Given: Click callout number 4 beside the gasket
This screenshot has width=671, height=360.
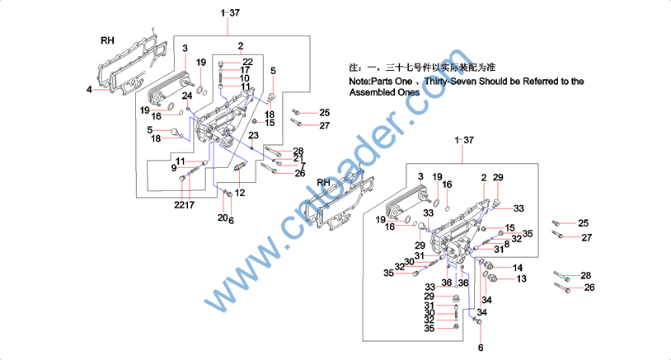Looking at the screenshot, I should pos(90,89).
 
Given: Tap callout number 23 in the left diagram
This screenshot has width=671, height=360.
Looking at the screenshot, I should pos(254,135).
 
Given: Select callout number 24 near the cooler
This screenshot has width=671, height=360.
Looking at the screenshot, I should pos(187,96).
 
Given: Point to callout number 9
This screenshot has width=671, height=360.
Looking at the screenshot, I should pos(174,167).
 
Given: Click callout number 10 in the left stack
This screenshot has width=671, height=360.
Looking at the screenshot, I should pos(245,78).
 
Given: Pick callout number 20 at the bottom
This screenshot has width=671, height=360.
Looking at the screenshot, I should pos(222,218).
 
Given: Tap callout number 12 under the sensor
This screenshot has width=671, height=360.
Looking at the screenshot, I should pos(240,193).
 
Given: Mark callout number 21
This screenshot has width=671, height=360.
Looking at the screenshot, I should pos(298,157).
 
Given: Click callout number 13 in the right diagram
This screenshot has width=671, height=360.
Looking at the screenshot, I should pos(521,279).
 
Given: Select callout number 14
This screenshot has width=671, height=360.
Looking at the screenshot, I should pos(518,268).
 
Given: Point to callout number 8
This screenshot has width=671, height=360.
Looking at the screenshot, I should pos(507,245).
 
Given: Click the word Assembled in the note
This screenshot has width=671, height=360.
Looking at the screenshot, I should pos(376,93).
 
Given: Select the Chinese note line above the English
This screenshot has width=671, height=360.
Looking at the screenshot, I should pos(421,66).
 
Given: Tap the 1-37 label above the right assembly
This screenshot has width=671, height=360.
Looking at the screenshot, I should pos(464,141).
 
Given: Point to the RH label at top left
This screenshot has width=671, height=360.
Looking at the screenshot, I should pos(107,40).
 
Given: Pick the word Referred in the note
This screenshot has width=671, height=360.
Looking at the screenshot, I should pos(539,82).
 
